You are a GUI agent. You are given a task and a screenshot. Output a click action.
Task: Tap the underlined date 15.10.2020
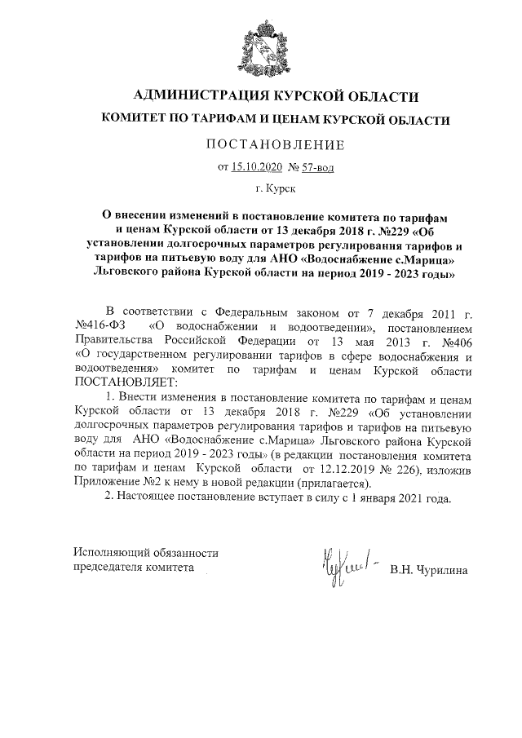coord(257,168)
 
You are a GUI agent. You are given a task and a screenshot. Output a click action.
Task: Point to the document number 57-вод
coord(316,168)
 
